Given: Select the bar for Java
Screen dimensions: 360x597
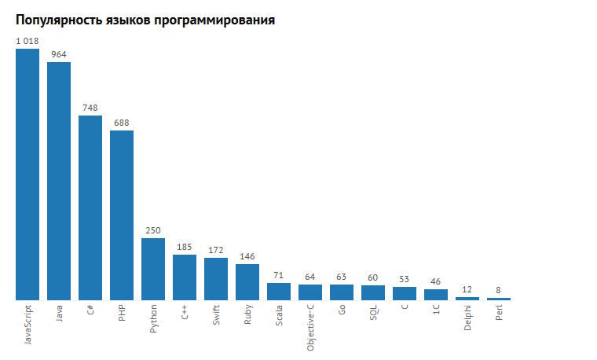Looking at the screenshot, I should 59,181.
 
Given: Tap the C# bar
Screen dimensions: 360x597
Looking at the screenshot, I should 90,208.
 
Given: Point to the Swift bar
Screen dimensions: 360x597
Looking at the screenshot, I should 216,279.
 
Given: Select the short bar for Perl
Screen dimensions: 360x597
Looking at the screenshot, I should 499,299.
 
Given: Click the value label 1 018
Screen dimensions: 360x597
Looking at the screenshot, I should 27,41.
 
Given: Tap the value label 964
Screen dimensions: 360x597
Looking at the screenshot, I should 59,54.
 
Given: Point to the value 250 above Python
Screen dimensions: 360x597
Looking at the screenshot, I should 153,230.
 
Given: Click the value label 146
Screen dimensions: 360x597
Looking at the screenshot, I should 247,256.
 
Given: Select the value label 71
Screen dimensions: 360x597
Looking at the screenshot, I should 279,275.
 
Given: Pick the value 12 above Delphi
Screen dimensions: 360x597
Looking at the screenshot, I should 467,289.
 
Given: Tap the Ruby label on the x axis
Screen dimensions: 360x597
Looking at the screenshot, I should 247,316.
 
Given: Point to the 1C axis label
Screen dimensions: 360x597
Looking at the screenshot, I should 436,312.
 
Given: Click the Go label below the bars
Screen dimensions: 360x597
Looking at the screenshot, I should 342,311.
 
